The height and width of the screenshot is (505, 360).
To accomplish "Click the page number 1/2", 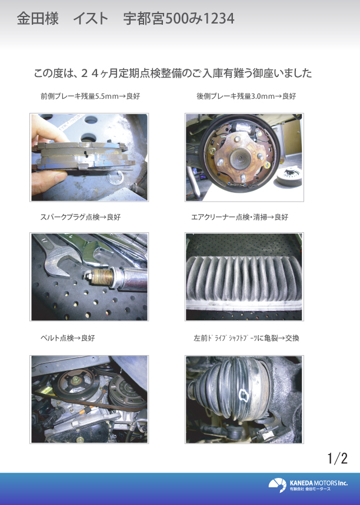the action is (338, 458).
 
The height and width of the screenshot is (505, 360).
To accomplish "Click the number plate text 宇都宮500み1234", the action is (179, 19).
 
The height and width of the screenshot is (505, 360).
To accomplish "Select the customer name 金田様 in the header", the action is (38, 19).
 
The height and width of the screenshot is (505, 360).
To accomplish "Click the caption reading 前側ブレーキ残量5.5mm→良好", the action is (90, 96).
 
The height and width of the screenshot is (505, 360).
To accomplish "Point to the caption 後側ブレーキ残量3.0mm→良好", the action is (246, 96).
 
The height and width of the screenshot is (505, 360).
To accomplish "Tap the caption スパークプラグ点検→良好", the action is (80, 217).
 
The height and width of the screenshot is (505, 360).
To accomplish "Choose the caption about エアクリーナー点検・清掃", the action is (239, 217).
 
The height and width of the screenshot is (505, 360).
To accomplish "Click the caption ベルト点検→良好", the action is (68, 338).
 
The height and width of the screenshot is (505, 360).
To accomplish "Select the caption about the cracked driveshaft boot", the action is (246, 338).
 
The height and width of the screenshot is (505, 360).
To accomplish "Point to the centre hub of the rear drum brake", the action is (240, 157).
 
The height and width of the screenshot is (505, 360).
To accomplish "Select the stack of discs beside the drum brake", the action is (289, 176).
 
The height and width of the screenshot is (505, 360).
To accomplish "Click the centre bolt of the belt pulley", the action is (76, 382).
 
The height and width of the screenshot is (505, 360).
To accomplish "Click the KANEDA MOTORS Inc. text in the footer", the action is (318, 483).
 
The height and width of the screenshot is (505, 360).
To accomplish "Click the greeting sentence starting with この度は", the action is (173, 73).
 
